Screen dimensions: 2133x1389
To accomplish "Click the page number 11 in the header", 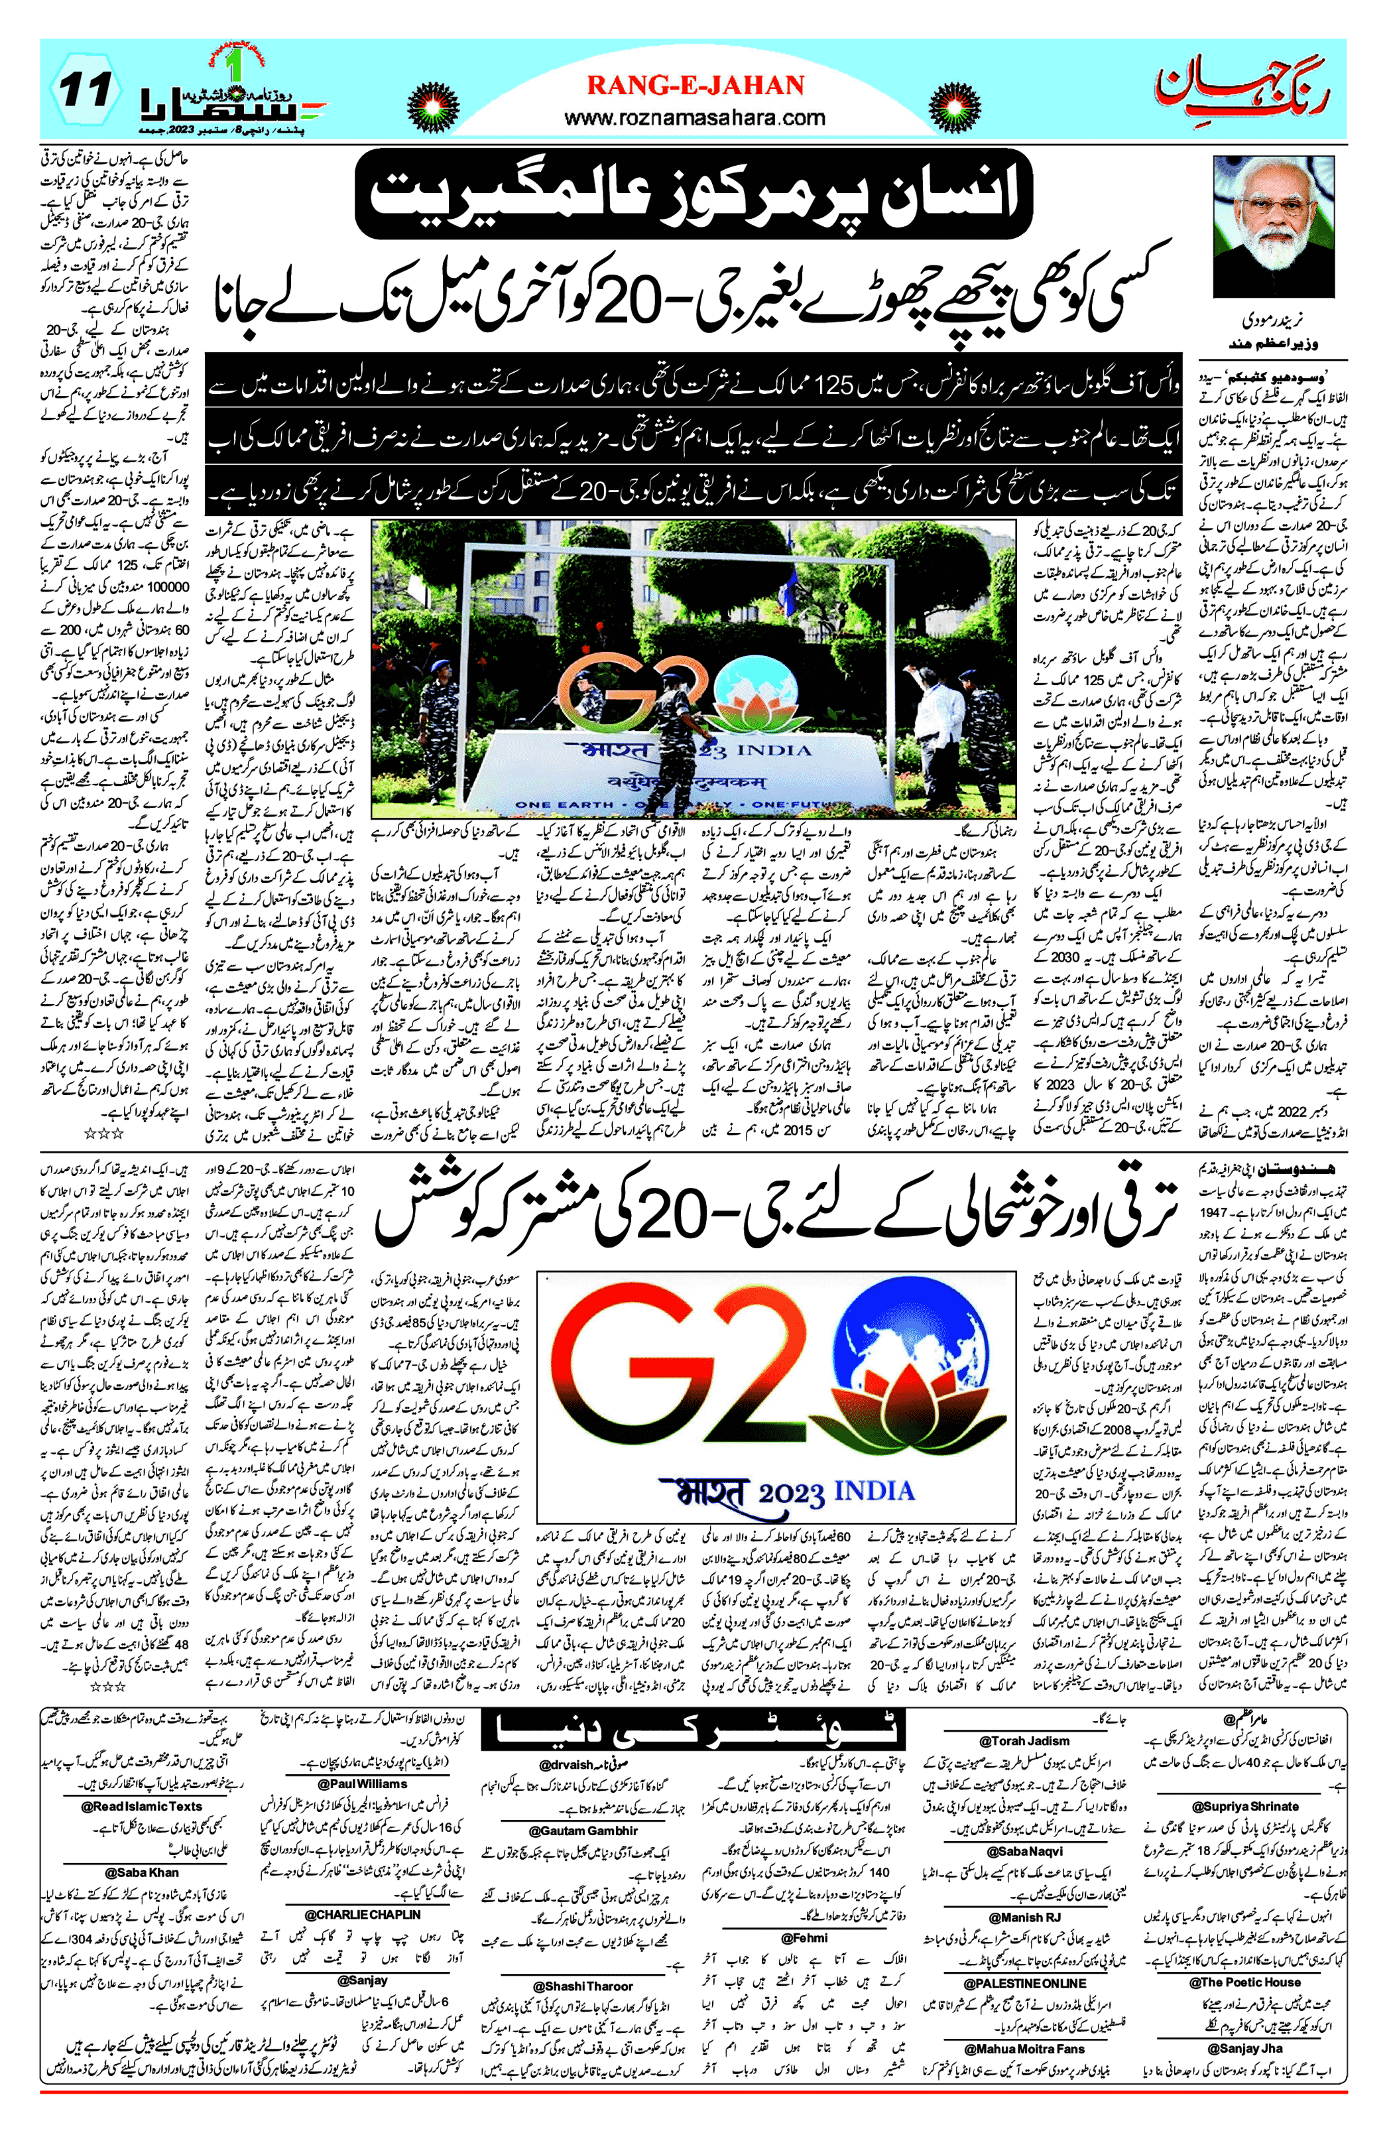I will click(x=88, y=90).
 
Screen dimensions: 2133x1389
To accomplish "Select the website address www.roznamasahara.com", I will click(x=695, y=117).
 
